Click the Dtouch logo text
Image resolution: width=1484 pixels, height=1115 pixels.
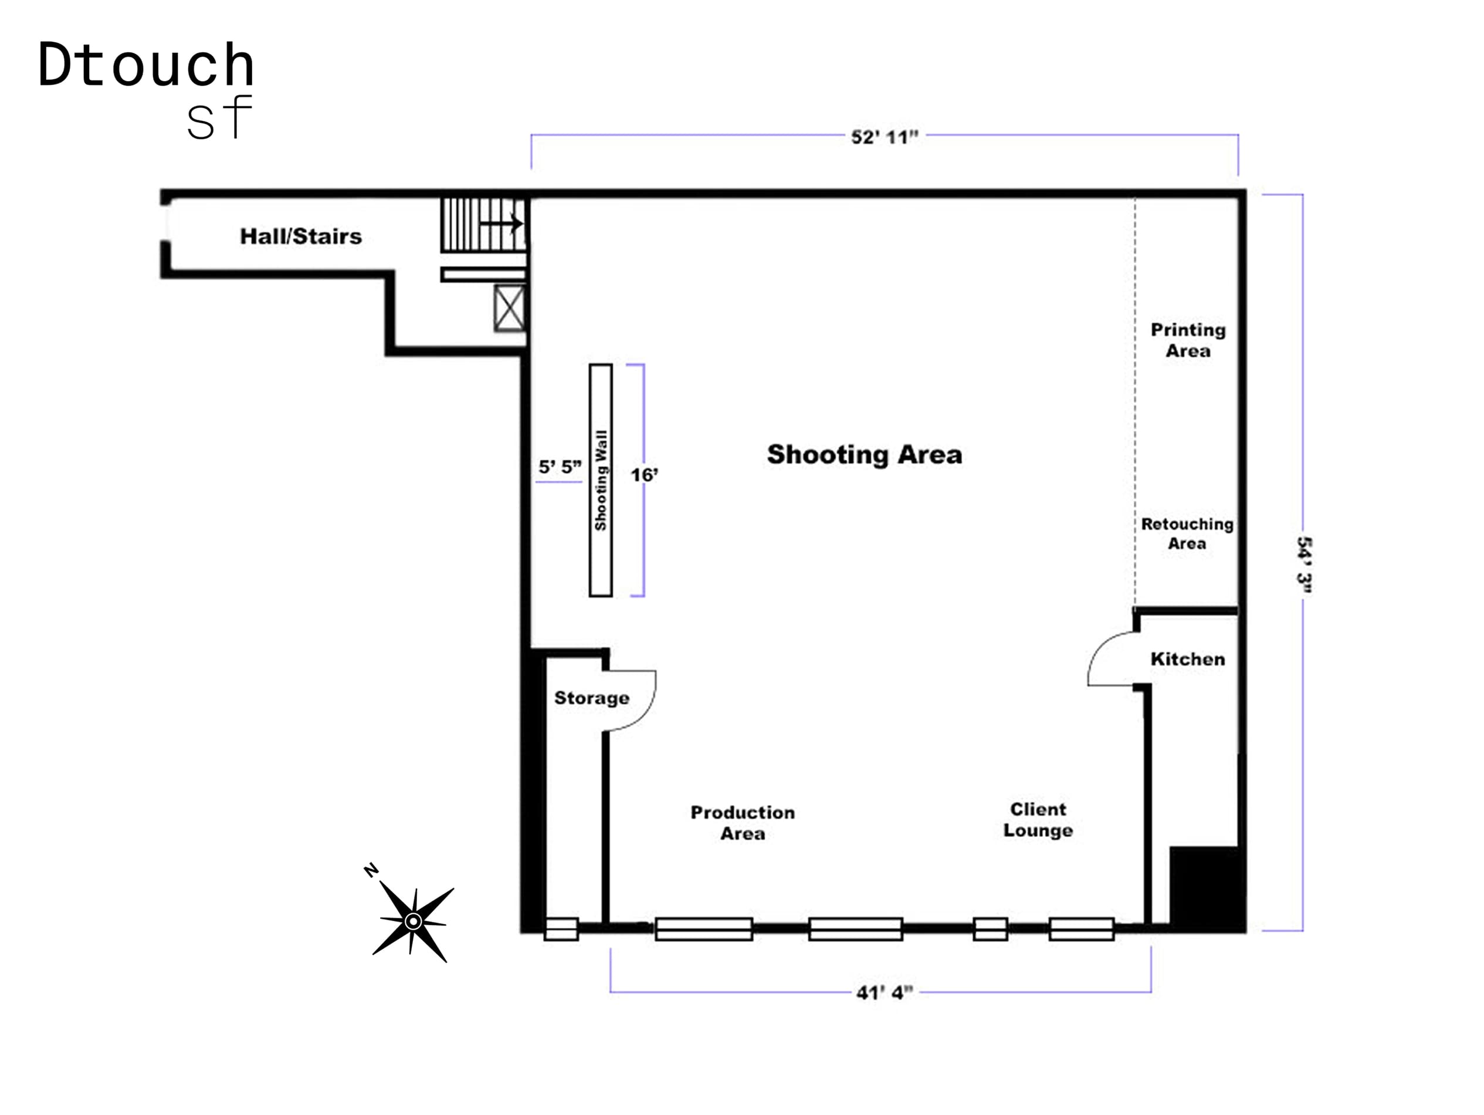click(145, 66)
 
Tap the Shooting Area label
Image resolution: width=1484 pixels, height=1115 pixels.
click(864, 454)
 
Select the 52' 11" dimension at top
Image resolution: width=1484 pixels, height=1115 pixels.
click(883, 137)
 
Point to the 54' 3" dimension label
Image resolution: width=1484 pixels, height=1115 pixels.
click(1303, 564)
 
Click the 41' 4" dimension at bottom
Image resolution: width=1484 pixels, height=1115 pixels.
click(883, 992)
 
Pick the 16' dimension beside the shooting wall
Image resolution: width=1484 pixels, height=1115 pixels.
click(644, 475)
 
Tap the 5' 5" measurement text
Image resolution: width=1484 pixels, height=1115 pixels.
click(560, 467)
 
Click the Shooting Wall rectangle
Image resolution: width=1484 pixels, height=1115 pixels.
click(601, 480)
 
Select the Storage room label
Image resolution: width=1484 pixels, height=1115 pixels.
click(591, 698)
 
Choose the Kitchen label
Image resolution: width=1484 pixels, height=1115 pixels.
click(1187, 659)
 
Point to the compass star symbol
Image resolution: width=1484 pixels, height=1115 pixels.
click(412, 921)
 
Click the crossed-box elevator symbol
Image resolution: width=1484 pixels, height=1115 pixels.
click(509, 308)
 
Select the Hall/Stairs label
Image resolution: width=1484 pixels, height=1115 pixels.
click(300, 236)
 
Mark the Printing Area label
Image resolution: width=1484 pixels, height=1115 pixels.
click(1187, 340)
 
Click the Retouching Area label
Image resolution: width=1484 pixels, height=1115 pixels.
click(1187, 533)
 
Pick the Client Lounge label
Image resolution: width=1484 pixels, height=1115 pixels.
click(1037, 820)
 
